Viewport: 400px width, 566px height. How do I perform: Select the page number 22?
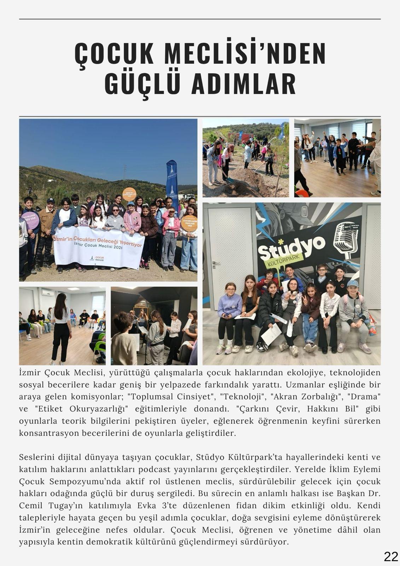391,556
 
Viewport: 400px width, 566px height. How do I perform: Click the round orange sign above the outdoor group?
129,194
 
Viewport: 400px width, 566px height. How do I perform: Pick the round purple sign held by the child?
30,220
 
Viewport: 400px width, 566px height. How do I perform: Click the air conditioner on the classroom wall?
48,293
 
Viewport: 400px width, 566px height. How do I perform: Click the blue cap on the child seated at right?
352,283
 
